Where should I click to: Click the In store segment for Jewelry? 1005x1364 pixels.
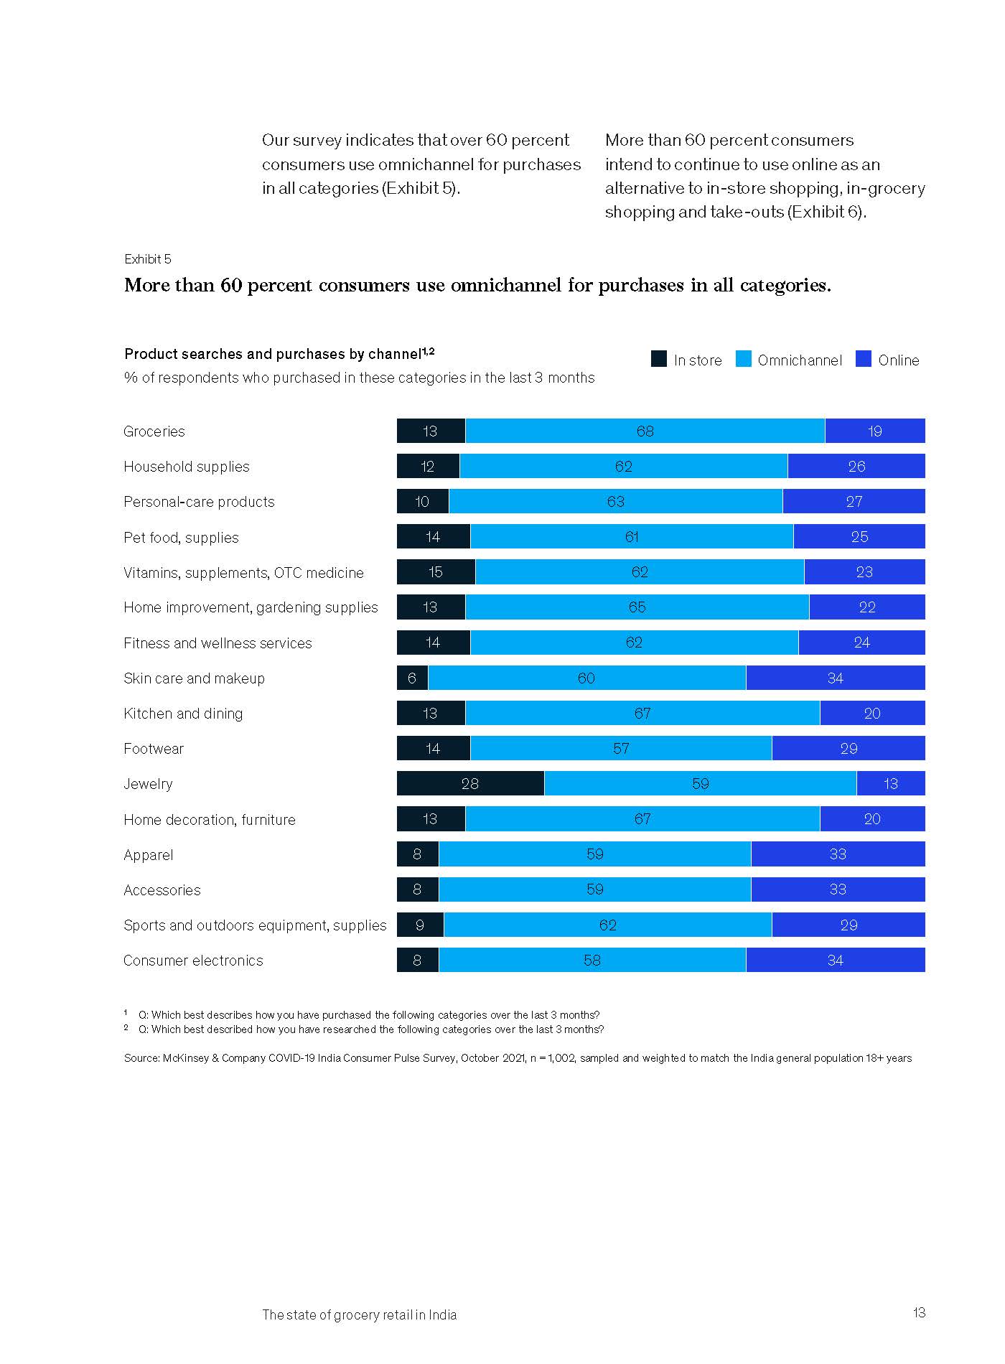pyautogui.click(x=470, y=783)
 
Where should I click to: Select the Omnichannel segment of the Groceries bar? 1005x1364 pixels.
pyautogui.click(x=645, y=431)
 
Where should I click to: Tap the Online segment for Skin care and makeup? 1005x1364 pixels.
pyautogui.click(x=835, y=678)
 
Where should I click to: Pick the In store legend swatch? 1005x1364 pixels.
pyautogui.click(x=658, y=359)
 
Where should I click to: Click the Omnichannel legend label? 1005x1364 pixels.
pyautogui.click(x=800, y=360)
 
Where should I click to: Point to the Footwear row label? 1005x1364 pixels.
pyautogui.click(x=154, y=749)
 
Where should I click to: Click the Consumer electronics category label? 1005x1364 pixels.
pyautogui.click(x=193, y=961)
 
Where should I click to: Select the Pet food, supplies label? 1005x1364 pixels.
pyautogui.click(x=181, y=538)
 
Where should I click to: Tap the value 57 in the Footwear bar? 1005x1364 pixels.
pyautogui.click(x=621, y=749)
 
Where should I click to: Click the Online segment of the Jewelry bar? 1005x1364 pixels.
pyautogui.click(x=890, y=783)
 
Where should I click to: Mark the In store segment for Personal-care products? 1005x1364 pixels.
pyautogui.click(x=422, y=501)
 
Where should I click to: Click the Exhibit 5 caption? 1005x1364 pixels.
pyautogui.click(x=148, y=259)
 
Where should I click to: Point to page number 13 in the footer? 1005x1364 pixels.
pyautogui.click(x=919, y=1313)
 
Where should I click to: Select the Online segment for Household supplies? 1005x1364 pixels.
pyautogui.click(x=856, y=466)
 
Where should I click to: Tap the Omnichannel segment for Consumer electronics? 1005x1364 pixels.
pyautogui.click(x=592, y=960)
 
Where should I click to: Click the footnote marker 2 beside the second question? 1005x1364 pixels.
pyautogui.click(x=126, y=1027)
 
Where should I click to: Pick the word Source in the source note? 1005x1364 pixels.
pyautogui.click(x=141, y=1058)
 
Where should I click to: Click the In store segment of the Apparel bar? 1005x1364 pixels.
pyautogui.click(x=417, y=854)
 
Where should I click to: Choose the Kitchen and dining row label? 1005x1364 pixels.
pyautogui.click(x=183, y=714)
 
